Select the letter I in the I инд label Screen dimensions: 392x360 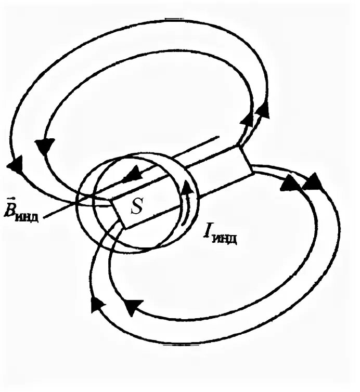pos(209,232)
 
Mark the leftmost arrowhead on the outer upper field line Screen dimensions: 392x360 pos(15,166)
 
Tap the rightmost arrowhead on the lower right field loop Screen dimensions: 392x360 pos(312,182)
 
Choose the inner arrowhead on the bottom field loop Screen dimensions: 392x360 pos(133,308)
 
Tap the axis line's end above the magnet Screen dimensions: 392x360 pos(218,138)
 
